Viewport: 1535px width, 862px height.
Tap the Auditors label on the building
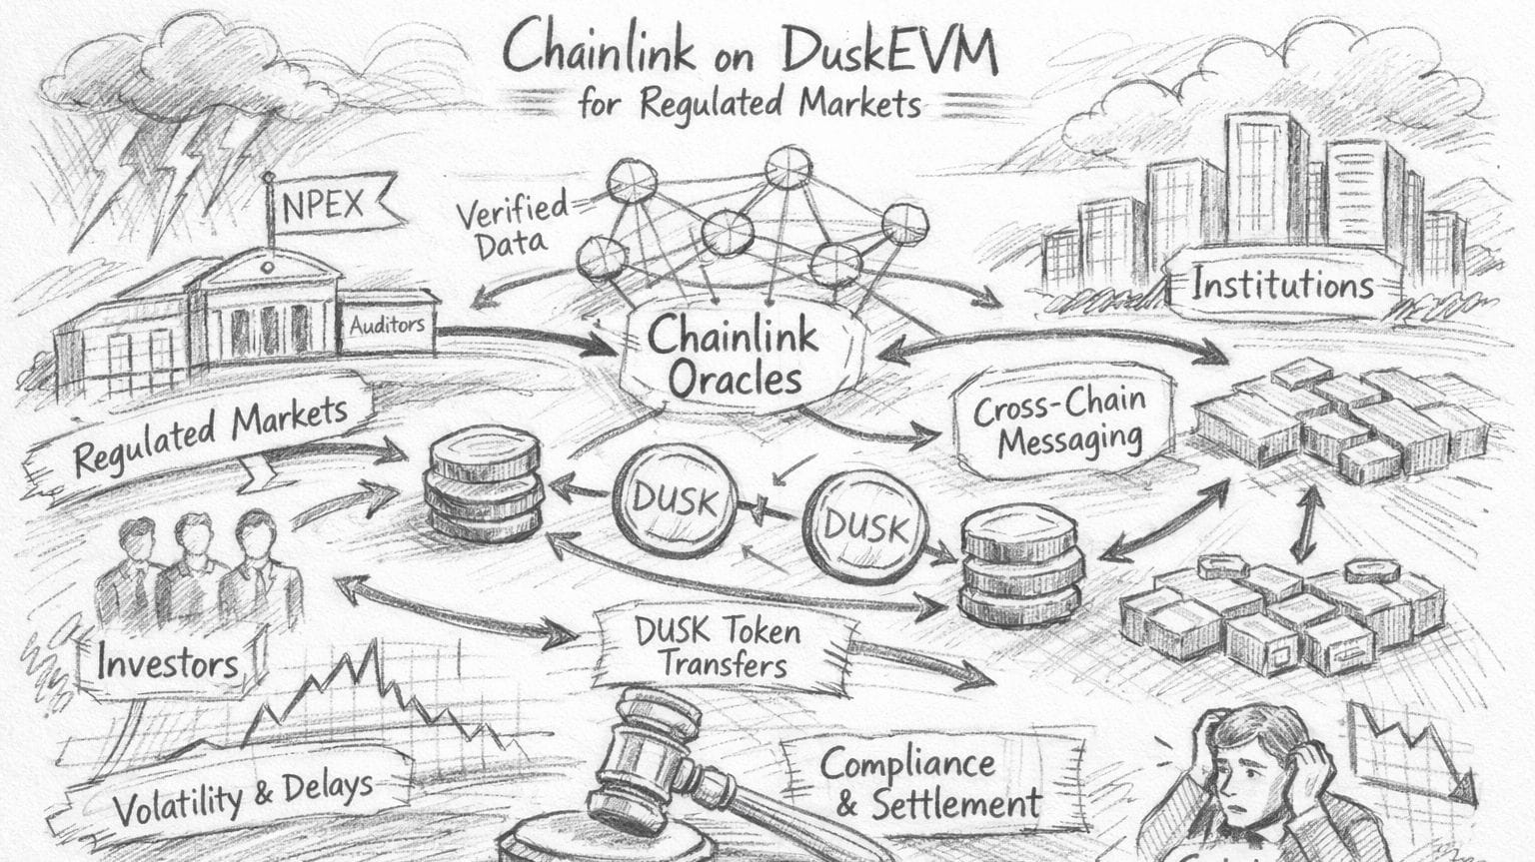click(x=387, y=325)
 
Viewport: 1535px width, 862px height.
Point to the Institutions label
click(x=1282, y=286)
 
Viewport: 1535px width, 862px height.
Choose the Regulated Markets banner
click(x=210, y=435)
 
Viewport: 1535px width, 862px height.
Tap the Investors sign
click(x=167, y=661)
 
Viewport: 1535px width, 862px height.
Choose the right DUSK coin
click(x=865, y=526)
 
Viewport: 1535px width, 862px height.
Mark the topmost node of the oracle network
click(x=789, y=166)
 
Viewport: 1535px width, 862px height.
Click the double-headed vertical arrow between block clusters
click(x=1302, y=524)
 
